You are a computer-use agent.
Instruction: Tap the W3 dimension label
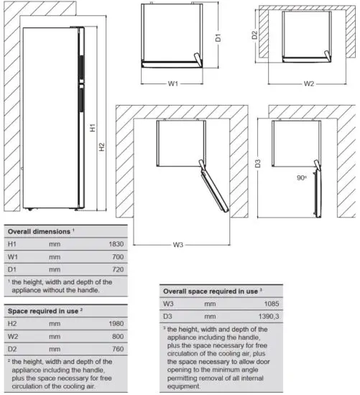point(178,245)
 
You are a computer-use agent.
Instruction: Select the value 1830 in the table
point(116,244)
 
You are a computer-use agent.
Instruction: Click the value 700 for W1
point(119,256)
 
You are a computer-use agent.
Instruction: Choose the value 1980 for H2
point(116,323)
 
